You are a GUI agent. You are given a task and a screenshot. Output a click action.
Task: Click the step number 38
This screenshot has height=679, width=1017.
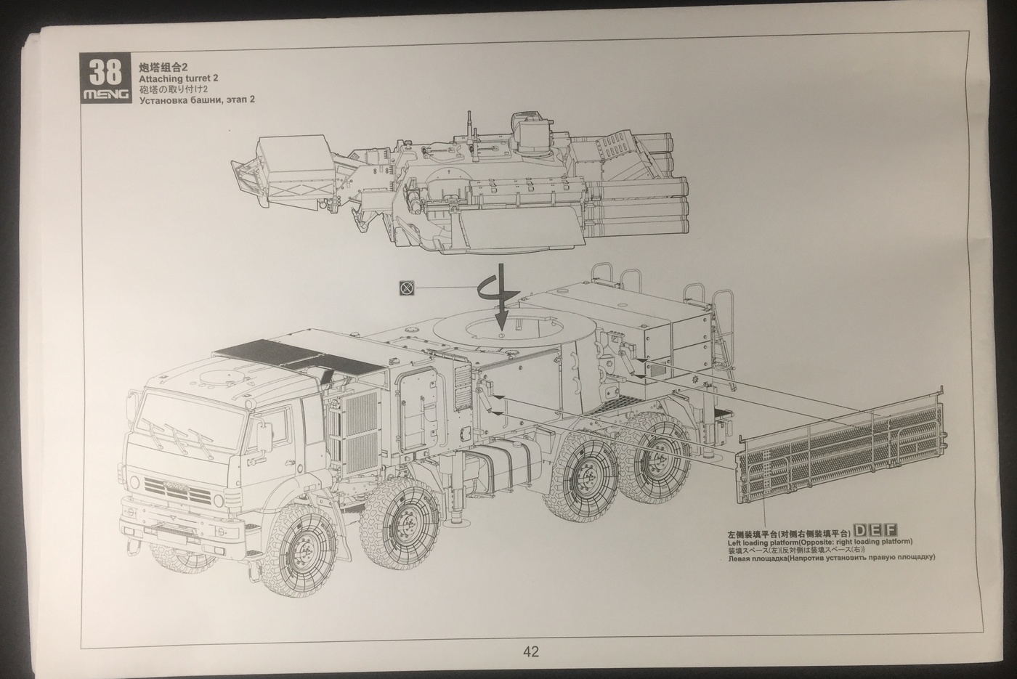click(x=106, y=72)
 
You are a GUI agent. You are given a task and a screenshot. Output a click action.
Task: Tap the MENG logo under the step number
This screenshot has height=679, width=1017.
click(x=106, y=94)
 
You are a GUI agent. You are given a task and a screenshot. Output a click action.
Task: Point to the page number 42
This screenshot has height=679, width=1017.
click(x=531, y=652)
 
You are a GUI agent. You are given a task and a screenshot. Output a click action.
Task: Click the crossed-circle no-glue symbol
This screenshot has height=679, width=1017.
click(x=407, y=288)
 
